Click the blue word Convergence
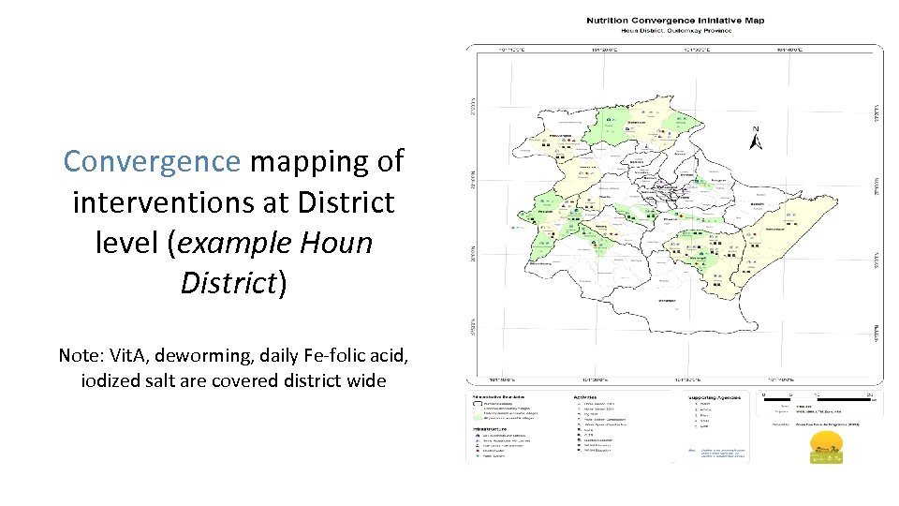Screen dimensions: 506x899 [152, 161]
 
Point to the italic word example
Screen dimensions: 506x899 [234, 243]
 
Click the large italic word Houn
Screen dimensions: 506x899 [335, 243]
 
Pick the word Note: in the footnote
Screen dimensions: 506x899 [83, 356]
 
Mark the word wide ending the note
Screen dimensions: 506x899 [366, 380]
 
